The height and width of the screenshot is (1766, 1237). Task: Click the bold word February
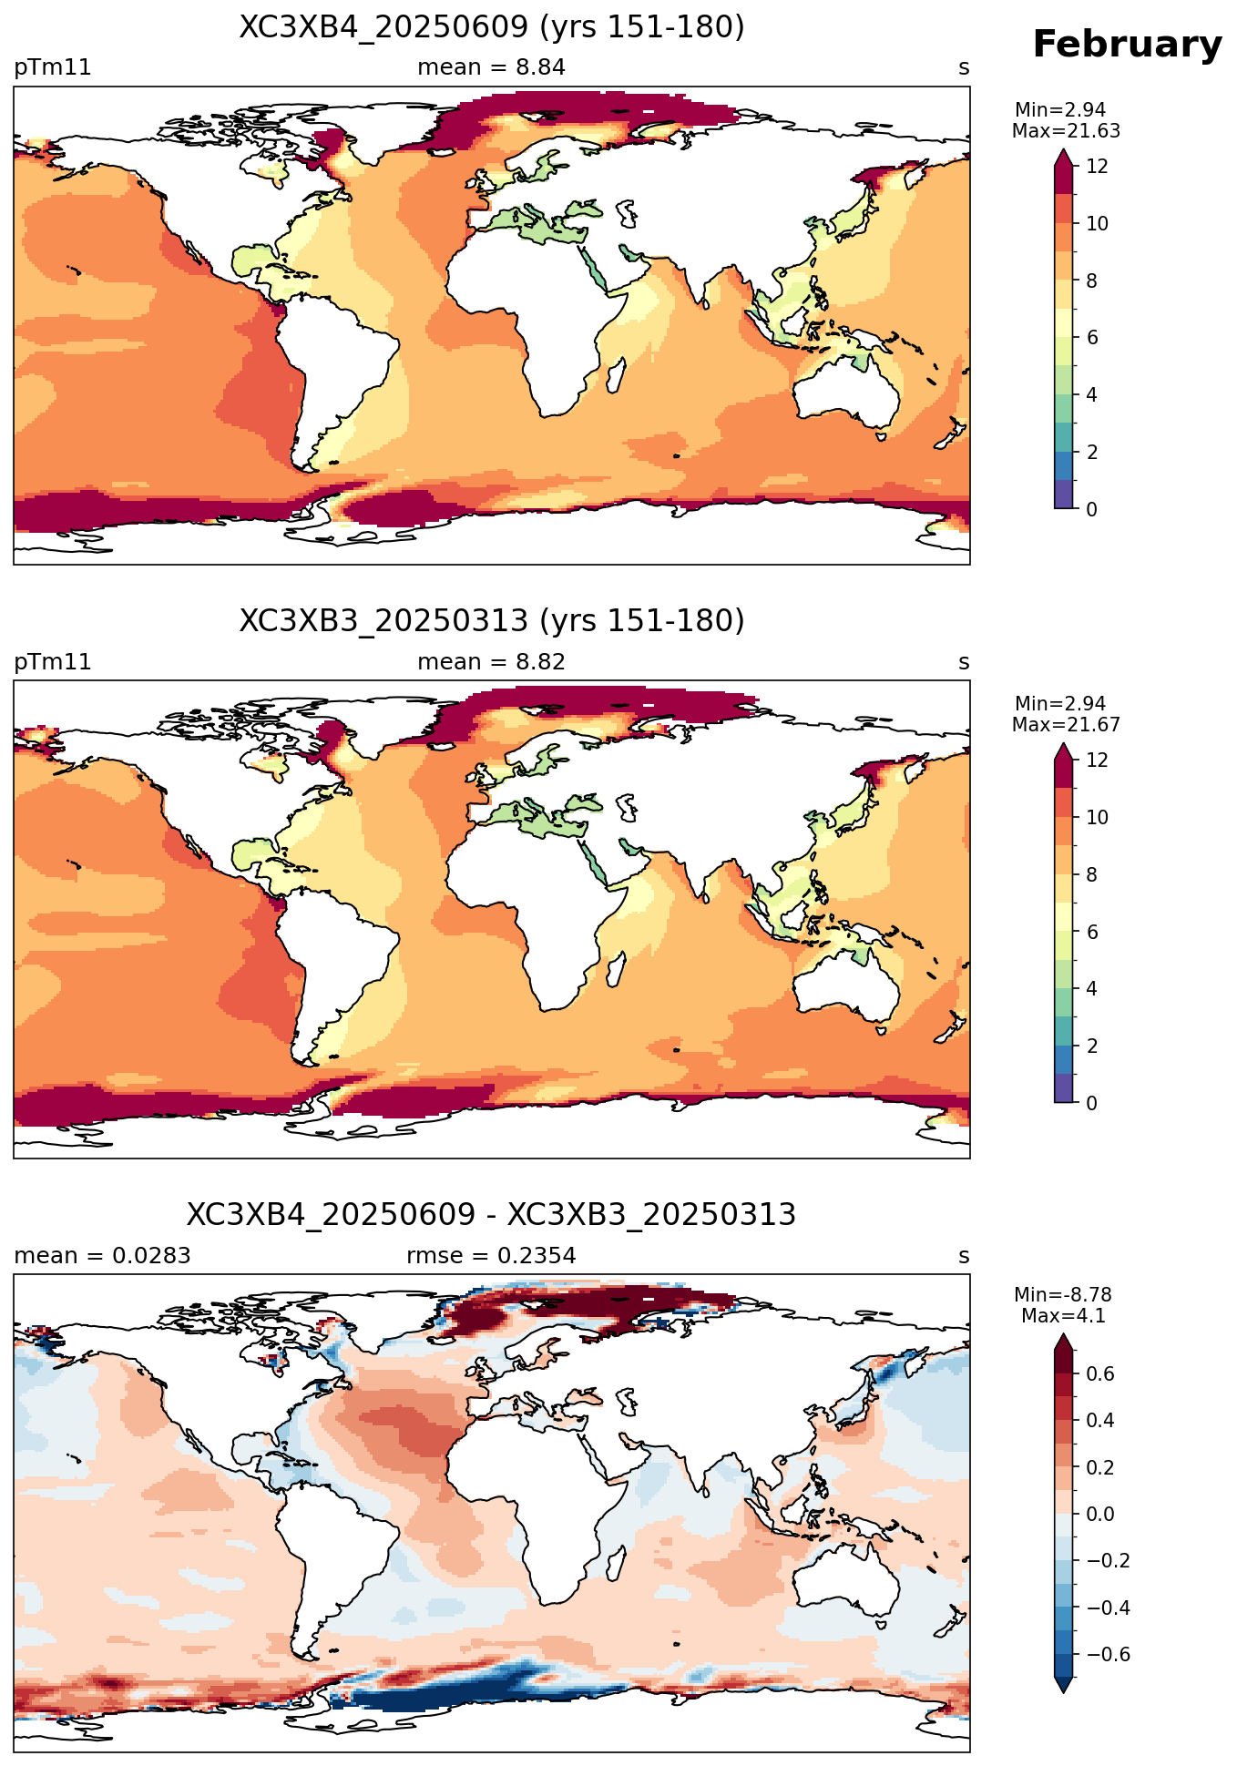(x=1127, y=45)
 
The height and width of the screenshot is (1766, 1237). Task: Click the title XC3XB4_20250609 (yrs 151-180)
(x=492, y=27)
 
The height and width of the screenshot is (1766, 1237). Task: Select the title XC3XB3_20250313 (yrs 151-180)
(x=492, y=621)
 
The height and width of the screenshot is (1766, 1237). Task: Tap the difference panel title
(x=492, y=1215)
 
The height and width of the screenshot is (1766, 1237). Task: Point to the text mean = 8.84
(x=491, y=67)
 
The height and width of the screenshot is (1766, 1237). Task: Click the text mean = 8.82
(x=491, y=662)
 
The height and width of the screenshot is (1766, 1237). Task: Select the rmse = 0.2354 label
(x=491, y=1256)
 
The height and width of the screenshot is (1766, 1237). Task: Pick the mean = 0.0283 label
(x=102, y=1256)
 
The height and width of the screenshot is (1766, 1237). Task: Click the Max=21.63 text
(x=1066, y=131)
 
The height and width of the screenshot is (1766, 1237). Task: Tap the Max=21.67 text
(x=1066, y=725)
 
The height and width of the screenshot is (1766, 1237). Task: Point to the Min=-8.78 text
(x=1063, y=1295)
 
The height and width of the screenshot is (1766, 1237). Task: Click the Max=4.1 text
(x=1063, y=1316)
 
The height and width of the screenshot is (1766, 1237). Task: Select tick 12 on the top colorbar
(x=1098, y=167)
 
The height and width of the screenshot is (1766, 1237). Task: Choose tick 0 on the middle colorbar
(x=1092, y=1103)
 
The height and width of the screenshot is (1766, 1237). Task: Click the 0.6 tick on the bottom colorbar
(x=1100, y=1374)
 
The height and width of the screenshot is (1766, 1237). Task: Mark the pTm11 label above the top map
(x=53, y=67)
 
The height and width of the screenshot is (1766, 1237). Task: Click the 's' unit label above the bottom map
(x=964, y=1256)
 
